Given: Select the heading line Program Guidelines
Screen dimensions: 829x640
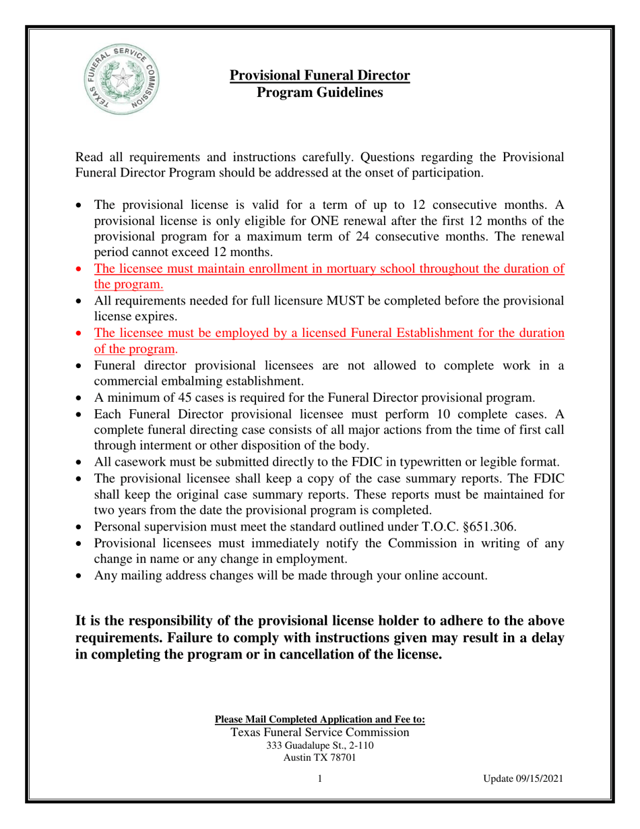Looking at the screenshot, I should point(320,93).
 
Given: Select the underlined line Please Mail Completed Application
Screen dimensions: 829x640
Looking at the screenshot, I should point(319,719).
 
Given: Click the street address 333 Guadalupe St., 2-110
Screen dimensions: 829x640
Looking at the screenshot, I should point(319,745).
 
